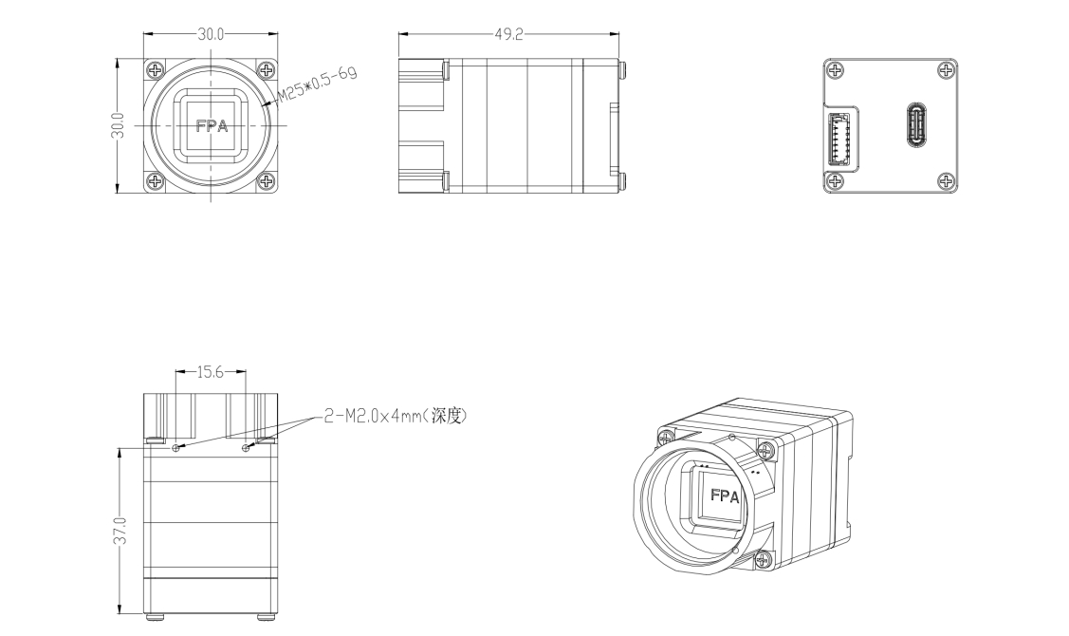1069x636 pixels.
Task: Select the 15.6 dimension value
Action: [210, 373]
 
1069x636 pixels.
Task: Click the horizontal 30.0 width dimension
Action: [211, 33]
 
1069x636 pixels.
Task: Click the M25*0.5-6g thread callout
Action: [317, 83]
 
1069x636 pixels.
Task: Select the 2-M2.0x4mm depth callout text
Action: [396, 416]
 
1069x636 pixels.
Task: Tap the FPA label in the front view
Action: [211, 125]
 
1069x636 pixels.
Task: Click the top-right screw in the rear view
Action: [944, 71]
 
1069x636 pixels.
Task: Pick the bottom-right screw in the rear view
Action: [944, 181]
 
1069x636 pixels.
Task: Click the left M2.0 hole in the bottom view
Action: [175, 448]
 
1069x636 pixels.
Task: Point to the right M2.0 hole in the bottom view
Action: [246, 448]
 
